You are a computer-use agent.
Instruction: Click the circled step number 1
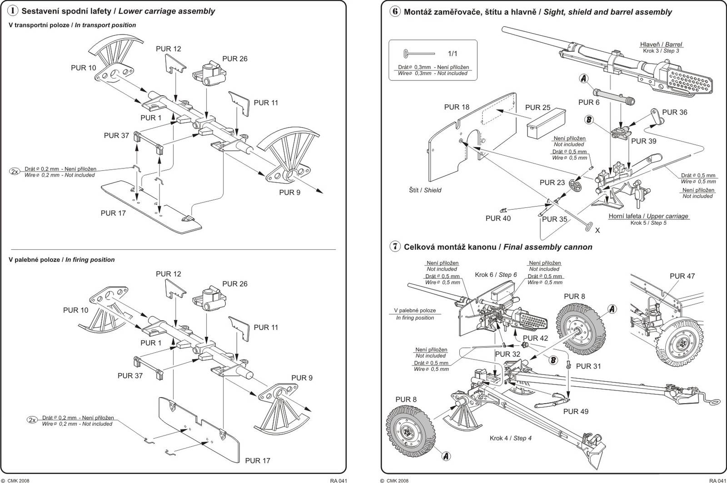[x=12, y=11]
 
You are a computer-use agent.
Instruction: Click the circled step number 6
[x=395, y=12]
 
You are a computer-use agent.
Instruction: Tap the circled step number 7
[x=395, y=246]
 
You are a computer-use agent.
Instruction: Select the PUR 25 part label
[x=538, y=107]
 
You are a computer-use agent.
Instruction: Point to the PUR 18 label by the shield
[x=457, y=107]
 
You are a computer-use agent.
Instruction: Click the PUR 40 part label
[x=498, y=218]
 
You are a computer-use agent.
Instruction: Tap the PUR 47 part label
[x=682, y=276]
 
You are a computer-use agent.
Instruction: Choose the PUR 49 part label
[x=575, y=411]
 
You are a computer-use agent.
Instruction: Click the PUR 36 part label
[x=674, y=112]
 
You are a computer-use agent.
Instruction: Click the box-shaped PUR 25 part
[x=546, y=123]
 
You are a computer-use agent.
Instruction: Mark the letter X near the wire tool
[x=597, y=230]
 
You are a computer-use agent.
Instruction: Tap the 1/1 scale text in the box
[x=453, y=54]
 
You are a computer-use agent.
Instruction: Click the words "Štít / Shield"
[x=425, y=190]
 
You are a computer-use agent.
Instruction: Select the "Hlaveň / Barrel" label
[x=661, y=44]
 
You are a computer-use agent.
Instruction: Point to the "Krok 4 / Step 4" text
[x=511, y=438]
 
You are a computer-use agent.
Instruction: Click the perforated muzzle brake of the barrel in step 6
[x=689, y=81]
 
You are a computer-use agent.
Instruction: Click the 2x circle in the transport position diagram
[x=15, y=172]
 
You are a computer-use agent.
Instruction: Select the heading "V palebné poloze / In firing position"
[x=62, y=260]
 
